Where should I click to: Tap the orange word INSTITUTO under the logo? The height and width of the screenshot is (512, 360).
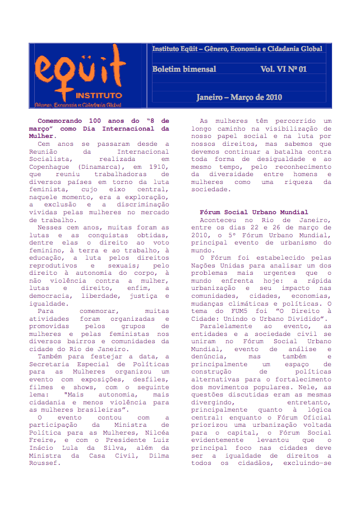[x=99, y=95]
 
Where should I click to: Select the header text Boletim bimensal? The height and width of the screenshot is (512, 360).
[x=184, y=69]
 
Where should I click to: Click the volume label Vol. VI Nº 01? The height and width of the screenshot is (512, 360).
[x=283, y=69]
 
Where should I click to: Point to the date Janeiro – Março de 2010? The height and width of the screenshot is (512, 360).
[x=238, y=98]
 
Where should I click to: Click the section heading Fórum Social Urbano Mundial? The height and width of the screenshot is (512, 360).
[x=254, y=213]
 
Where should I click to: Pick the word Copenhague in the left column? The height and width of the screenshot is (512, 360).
[x=50, y=167]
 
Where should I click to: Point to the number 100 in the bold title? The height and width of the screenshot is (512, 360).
[x=96, y=121]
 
